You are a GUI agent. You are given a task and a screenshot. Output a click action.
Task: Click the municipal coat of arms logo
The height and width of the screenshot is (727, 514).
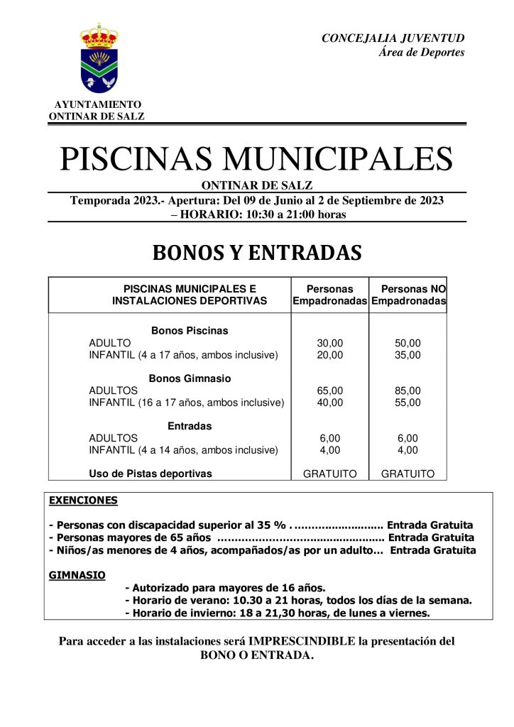(99, 58)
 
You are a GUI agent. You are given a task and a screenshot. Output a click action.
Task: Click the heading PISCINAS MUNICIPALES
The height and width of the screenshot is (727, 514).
(256, 158)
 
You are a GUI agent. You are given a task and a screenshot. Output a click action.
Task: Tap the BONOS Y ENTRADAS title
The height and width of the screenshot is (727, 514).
(256, 253)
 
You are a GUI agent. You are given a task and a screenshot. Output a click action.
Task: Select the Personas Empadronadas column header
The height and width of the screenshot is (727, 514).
(329, 295)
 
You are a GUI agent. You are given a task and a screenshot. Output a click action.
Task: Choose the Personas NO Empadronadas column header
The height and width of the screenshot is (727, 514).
(408, 295)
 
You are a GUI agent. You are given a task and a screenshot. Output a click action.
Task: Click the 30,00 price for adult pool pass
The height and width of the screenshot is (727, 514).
(329, 343)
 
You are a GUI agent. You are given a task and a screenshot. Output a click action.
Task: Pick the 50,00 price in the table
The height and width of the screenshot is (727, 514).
(408, 343)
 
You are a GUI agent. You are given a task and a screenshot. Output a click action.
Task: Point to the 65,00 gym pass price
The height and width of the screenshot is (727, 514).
(329, 390)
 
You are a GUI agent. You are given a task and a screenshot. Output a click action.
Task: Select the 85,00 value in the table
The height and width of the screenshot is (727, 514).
(408, 390)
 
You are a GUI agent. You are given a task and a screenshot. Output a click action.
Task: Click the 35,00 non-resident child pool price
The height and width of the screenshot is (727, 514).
(408, 355)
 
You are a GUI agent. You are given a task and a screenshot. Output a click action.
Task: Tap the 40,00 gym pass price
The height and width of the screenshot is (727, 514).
(329, 403)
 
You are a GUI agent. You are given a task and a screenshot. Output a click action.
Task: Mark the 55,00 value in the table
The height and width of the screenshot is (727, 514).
(408, 403)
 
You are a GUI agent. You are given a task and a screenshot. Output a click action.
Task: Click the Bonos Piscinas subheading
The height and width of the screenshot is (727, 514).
(190, 331)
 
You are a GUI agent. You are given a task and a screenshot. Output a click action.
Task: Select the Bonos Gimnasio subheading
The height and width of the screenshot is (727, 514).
(190, 378)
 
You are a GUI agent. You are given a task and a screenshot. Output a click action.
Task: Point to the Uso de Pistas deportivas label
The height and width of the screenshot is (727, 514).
(151, 474)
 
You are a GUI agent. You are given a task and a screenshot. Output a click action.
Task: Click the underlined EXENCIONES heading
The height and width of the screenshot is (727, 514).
(83, 501)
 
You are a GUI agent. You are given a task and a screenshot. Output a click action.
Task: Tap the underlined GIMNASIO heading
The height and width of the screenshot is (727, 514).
(77, 574)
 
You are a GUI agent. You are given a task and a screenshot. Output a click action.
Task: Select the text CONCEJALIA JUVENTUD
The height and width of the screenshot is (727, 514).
(393, 38)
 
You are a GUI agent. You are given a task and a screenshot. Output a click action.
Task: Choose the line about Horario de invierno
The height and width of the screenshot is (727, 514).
(278, 612)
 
